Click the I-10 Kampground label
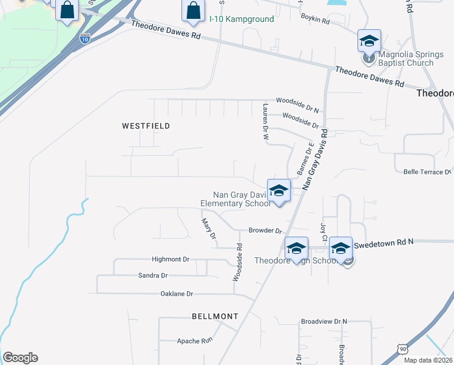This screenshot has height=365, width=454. coord(242,19)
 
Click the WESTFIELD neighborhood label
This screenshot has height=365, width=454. coord(146,126)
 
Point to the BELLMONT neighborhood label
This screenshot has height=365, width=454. coord(215,316)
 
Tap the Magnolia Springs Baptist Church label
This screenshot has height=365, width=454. coord(405,58)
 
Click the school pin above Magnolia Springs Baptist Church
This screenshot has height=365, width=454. coord(369,42)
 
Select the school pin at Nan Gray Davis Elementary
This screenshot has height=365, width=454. coord(279,191)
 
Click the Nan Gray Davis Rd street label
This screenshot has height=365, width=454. coord(315,159)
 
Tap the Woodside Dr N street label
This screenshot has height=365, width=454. coord(297,100)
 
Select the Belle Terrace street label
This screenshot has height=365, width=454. coord(427,172)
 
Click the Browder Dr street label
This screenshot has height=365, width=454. coord(266,231)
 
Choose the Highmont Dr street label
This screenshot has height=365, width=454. coord(171,259)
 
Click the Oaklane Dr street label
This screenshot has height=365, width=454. coord(176,294)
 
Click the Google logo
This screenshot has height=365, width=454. coord(20,358)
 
